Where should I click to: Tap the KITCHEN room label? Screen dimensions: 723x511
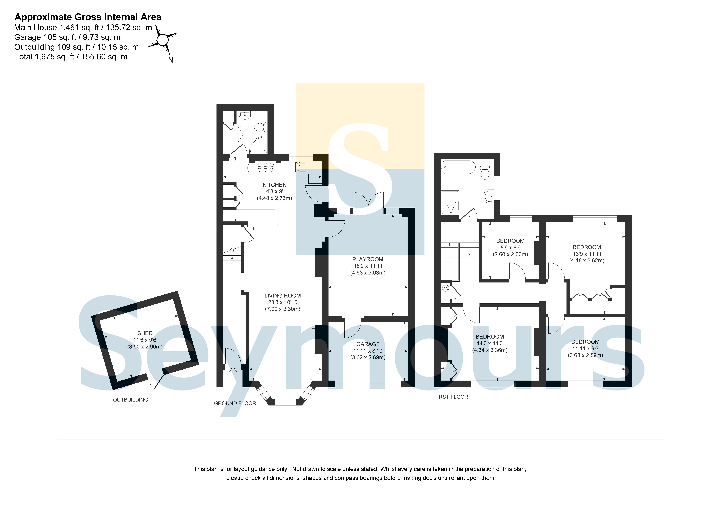pos(275,185)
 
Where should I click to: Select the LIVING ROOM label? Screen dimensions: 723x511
pos(282,296)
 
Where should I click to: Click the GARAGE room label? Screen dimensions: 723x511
pos(368,344)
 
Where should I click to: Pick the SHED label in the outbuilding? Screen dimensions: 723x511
pos(145,333)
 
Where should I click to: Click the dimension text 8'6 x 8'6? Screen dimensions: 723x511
pos(510,247)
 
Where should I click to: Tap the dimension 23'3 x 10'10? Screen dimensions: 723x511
pos(282,302)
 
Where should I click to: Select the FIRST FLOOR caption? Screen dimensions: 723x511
pos(451,397)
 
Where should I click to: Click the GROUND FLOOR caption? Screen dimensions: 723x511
pos(235,403)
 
